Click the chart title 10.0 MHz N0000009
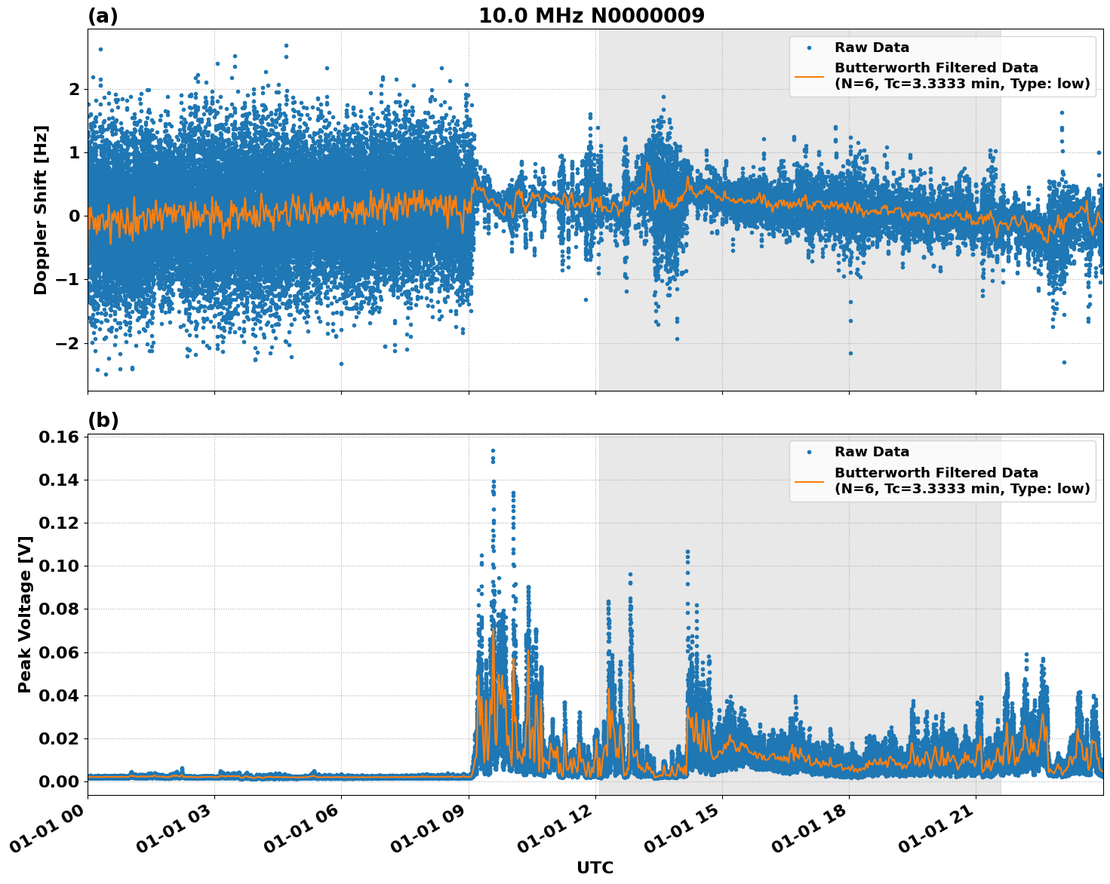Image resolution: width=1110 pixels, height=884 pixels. click(591, 16)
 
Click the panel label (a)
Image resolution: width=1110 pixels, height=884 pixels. click(103, 16)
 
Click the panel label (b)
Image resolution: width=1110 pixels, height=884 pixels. click(103, 420)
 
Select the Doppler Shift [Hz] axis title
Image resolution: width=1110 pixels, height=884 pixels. click(41, 210)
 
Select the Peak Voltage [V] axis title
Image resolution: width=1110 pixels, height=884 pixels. click(25, 614)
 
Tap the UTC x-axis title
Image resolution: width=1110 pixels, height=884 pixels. click(595, 867)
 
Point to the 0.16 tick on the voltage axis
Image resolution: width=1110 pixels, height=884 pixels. click(58, 437)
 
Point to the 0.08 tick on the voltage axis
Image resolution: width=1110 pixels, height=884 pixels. click(58, 609)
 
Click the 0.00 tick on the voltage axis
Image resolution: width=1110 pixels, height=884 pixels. click(58, 781)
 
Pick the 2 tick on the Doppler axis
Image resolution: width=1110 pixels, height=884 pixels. click(74, 89)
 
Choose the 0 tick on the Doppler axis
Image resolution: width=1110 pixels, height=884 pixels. click(74, 216)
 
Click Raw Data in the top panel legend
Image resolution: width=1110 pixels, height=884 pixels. click(872, 48)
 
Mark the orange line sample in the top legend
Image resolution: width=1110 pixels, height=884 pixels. click(809, 75)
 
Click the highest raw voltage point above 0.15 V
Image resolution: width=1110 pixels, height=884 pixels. click(493, 450)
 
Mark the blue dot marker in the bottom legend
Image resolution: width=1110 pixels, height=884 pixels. click(809, 452)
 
